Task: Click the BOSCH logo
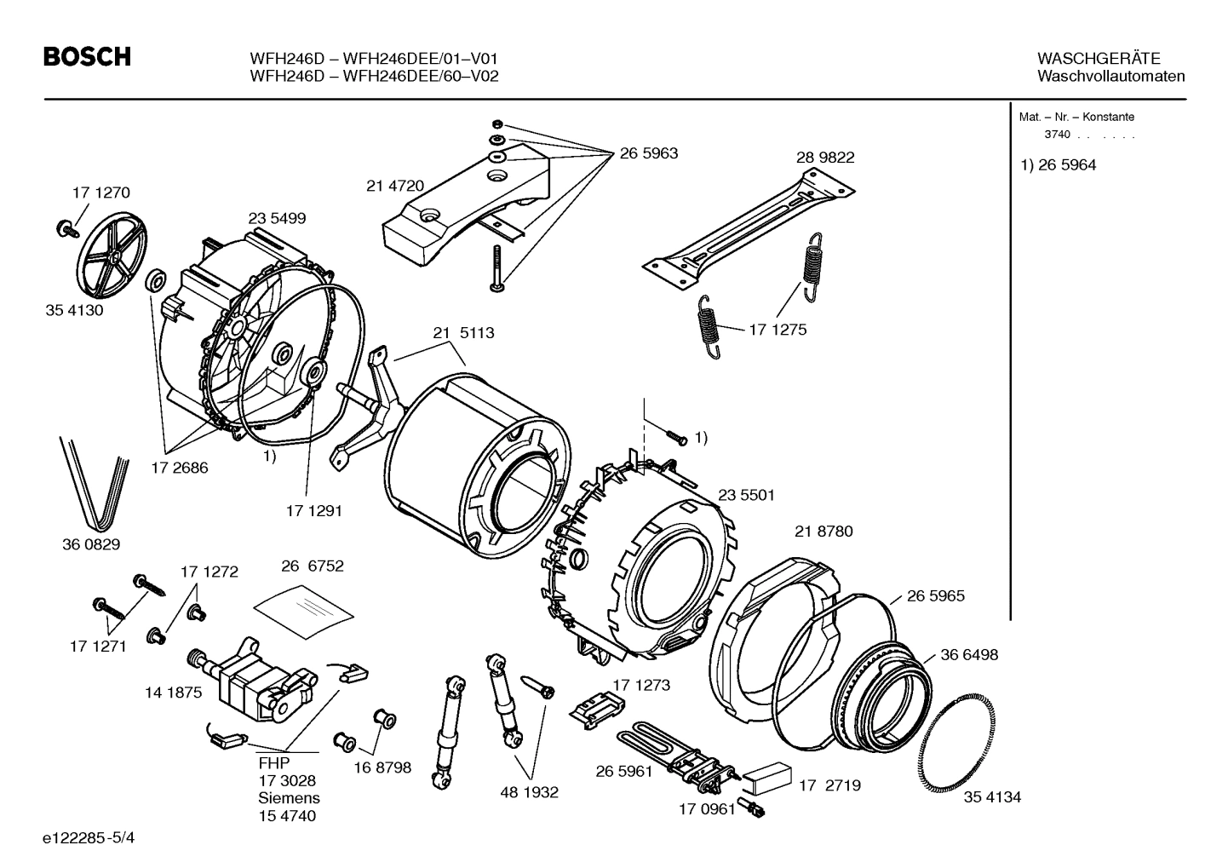pyautogui.click(x=87, y=57)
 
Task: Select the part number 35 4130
pyautogui.click(x=74, y=310)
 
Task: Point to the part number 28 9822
pyautogui.click(x=825, y=158)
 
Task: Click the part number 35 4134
pyautogui.click(x=992, y=797)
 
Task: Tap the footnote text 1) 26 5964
pyautogui.click(x=1058, y=165)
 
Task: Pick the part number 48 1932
pyautogui.click(x=529, y=792)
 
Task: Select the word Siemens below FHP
pyautogui.click(x=289, y=798)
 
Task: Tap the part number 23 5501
pyautogui.click(x=746, y=495)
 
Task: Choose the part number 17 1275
pyautogui.click(x=777, y=330)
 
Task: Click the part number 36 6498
pyautogui.click(x=969, y=655)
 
